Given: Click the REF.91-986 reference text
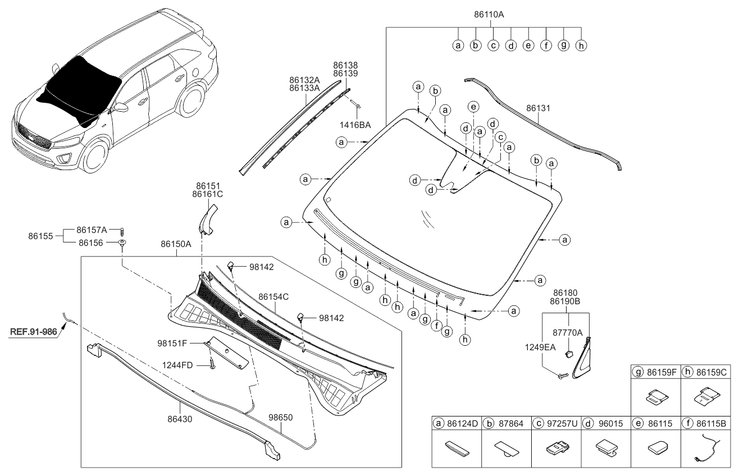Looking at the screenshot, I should [x=33, y=332].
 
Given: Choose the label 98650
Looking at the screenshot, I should [x=281, y=418].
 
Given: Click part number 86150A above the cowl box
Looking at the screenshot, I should [x=176, y=245].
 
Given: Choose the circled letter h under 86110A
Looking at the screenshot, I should [x=581, y=46].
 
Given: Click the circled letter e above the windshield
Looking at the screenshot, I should [x=473, y=107].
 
